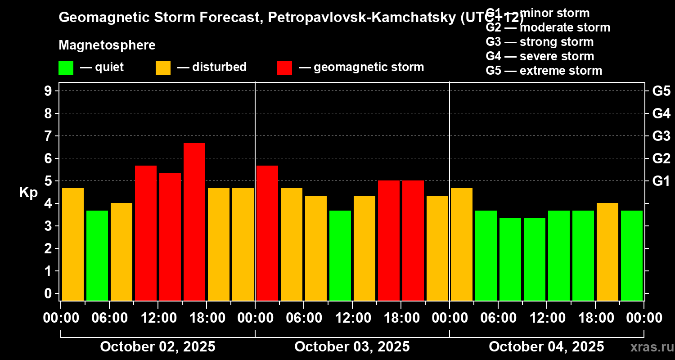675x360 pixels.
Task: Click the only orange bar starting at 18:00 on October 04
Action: coord(607,252)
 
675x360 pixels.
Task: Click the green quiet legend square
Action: coord(66,68)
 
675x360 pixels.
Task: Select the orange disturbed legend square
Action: coord(163,68)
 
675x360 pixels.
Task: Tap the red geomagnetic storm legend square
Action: coord(284,68)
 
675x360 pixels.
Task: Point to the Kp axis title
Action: coord(28,192)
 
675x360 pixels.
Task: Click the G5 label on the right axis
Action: coord(661,91)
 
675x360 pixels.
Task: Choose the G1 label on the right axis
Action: coord(661,181)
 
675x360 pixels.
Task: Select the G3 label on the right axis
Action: coord(661,136)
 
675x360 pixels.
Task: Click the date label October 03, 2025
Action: coord(352,346)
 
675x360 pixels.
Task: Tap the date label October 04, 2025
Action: coord(546,346)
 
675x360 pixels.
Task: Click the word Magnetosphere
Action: coord(107,45)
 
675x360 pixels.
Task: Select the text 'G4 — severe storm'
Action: coord(540,56)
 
